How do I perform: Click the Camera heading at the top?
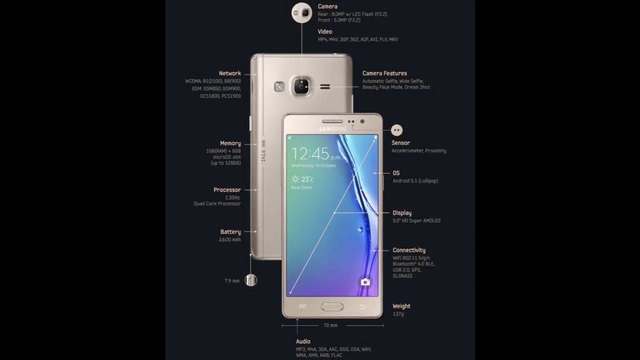coord(327,6)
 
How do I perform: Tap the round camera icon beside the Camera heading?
coord(301,13)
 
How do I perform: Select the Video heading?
coord(325,31)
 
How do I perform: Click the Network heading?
coord(229,73)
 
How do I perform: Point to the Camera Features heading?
coord(384,73)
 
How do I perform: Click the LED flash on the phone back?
coord(279,87)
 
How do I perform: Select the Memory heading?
coord(230,143)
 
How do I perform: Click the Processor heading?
coord(227,190)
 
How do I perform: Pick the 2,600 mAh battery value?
coord(229,240)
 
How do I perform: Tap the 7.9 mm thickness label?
coord(231,281)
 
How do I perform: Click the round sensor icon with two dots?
coord(397,130)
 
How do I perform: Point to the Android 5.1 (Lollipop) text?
coord(415,181)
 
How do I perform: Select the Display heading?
coord(402,213)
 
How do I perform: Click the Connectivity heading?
coord(409,250)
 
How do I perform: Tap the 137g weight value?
coord(398,314)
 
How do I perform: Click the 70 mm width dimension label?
coord(330,325)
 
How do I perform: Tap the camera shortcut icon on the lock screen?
coord(365,282)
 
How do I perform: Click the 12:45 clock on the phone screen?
coord(310,153)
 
